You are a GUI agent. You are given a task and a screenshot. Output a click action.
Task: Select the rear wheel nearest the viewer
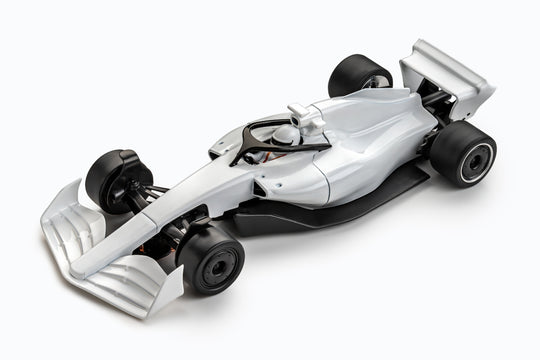tap(463, 152)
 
